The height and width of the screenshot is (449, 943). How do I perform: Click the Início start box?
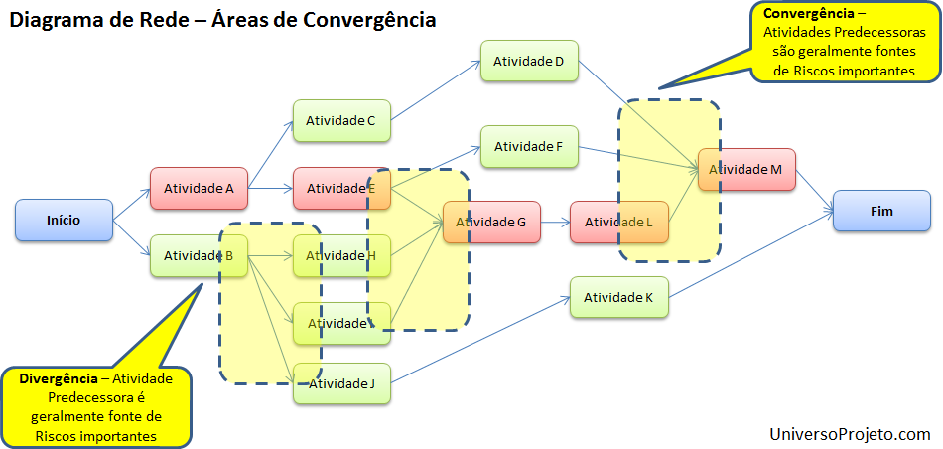coord(65,220)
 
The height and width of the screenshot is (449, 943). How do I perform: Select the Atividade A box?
coord(199,188)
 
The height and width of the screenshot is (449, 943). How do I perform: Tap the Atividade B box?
coord(199,256)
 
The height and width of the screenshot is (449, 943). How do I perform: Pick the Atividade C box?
coord(340,121)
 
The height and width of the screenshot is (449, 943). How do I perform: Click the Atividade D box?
coord(529,62)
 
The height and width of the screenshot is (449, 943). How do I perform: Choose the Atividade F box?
coord(529,147)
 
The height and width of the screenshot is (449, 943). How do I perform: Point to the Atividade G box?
coord(490,223)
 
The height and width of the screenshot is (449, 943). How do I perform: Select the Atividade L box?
coord(618,222)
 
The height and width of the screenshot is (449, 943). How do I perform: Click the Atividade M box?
coord(745,170)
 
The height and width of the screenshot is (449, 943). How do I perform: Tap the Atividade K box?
coord(618,297)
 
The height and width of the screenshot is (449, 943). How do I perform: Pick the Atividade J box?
coord(341,383)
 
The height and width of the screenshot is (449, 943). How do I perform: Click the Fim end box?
coord(880,211)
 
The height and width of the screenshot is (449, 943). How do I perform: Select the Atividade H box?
coord(341,256)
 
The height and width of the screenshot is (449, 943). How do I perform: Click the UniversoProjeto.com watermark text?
coord(850,434)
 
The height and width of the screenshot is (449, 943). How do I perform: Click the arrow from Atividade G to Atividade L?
coord(554,223)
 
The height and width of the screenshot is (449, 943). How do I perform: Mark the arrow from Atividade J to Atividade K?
coord(480,340)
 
